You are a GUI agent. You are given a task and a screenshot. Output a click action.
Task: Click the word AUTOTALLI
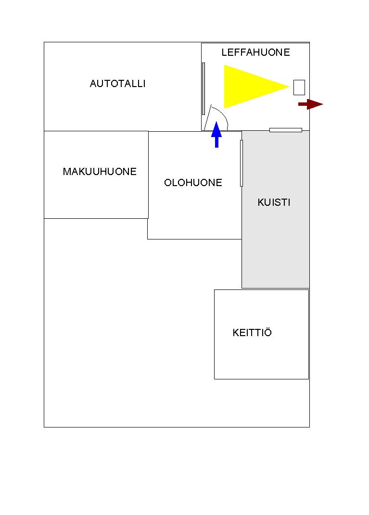click(117, 84)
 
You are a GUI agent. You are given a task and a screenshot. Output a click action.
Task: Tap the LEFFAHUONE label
click(255, 52)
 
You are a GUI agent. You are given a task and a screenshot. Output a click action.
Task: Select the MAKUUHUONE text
click(100, 172)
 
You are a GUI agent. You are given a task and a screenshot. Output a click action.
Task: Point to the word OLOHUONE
click(193, 183)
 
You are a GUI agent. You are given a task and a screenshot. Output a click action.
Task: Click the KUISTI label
click(274, 202)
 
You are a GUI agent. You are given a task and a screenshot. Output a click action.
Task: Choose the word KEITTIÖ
click(252, 333)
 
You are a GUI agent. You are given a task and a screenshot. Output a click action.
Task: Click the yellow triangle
click(248, 87)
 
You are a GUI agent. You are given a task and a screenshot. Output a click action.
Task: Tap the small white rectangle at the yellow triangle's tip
click(299, 87)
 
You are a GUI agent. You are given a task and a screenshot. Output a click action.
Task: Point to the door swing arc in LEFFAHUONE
click(222, 115)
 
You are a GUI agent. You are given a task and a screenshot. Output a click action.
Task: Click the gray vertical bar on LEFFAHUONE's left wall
click(204, 88)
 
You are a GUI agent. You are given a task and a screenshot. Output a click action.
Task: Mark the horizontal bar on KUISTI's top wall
click(285, 130)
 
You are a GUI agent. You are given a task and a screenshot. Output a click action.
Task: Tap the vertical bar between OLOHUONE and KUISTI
click(242, 163)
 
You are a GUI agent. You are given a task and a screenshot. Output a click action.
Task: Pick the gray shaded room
click(275, 240)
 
